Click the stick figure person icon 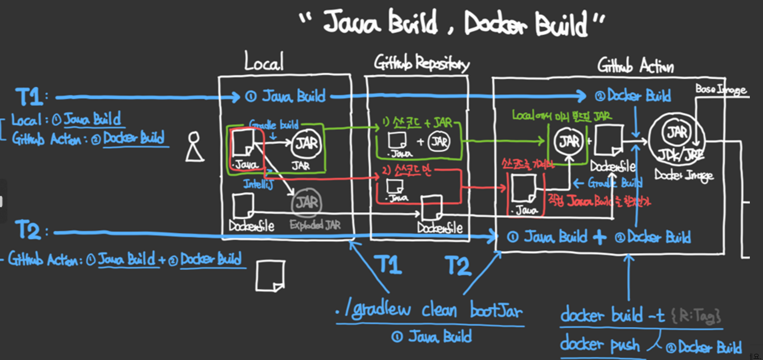(194, 147)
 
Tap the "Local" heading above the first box (264, 62)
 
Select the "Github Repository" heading (421, 63)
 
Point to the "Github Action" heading (635, 66)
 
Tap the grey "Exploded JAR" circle (307, 203)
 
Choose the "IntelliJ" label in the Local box (258, 183)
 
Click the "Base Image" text (721, 89)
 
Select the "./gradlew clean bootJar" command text (429, 310)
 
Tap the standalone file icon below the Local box (270, 276)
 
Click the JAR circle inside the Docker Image (677, 132)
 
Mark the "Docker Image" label (684, 175)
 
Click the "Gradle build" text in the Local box (274, 124)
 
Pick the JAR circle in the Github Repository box (439, 142)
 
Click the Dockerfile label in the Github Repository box (440, 228)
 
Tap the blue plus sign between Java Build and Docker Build (599, 237)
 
